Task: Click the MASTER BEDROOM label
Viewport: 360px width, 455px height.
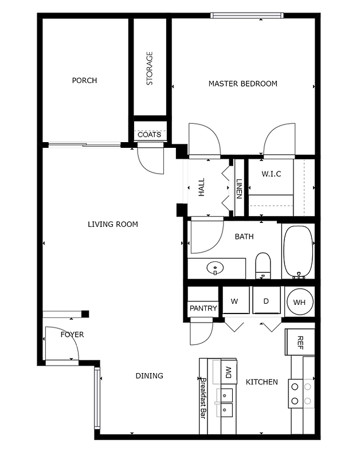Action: (x=242, y=84)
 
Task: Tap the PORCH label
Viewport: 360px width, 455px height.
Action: (x=84, y=80)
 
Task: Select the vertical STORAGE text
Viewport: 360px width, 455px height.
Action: (x=150, y=69)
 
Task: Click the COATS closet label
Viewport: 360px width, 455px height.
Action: (x=149, y=135)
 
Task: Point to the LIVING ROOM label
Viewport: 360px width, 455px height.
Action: (x=112, y=224)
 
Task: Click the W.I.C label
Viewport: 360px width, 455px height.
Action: (x=271, y=174)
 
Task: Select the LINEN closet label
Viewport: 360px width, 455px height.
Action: (x=238, y=189)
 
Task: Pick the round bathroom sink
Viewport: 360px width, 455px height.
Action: (x=216, y=268)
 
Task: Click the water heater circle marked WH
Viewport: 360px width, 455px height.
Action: (x=299, y=301)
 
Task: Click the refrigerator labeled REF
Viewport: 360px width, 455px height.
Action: (x=299, y=342)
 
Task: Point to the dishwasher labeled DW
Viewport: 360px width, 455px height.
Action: (x=228, y=372)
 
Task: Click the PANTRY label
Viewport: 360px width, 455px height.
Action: (x=203, y=308)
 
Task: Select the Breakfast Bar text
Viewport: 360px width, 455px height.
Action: (x=203, y=398)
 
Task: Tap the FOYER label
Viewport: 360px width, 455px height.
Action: (x=72, y=334)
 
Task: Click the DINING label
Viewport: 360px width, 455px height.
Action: (x=149, y=376)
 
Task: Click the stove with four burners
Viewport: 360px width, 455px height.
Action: (x=302, y=393)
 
